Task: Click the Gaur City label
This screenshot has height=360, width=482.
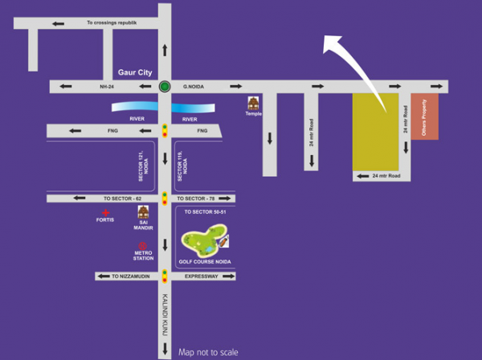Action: click(134, 72)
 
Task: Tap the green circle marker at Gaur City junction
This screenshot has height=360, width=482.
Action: click(165, 87)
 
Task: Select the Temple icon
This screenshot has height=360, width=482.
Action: click(254, 104)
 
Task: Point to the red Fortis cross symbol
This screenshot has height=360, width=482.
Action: click(105, 211)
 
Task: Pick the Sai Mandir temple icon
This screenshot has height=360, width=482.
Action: click(143, 213)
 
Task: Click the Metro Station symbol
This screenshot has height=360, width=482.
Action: click(143, 246)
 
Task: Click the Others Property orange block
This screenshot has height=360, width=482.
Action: click(425, 117)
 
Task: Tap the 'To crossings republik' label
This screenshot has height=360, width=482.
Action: click(112, 23)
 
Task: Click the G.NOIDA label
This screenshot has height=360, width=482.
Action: click(196, 86)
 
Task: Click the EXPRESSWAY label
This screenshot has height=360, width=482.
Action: click(201, 276)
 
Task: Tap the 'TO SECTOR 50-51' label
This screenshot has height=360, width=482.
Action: click(205, 212)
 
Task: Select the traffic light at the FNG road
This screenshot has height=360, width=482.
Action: click(165, 130)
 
